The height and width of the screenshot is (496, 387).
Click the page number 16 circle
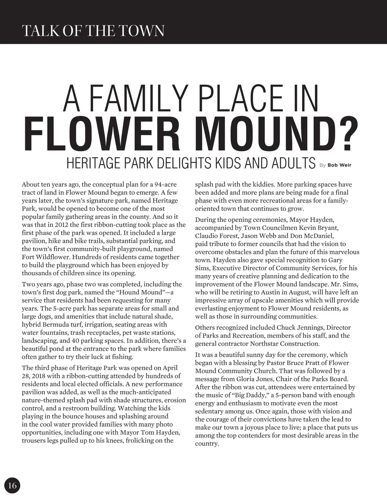[12, 485]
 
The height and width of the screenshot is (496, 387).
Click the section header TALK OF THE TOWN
[93, 31]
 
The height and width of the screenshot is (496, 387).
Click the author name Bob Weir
[339, 165]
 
